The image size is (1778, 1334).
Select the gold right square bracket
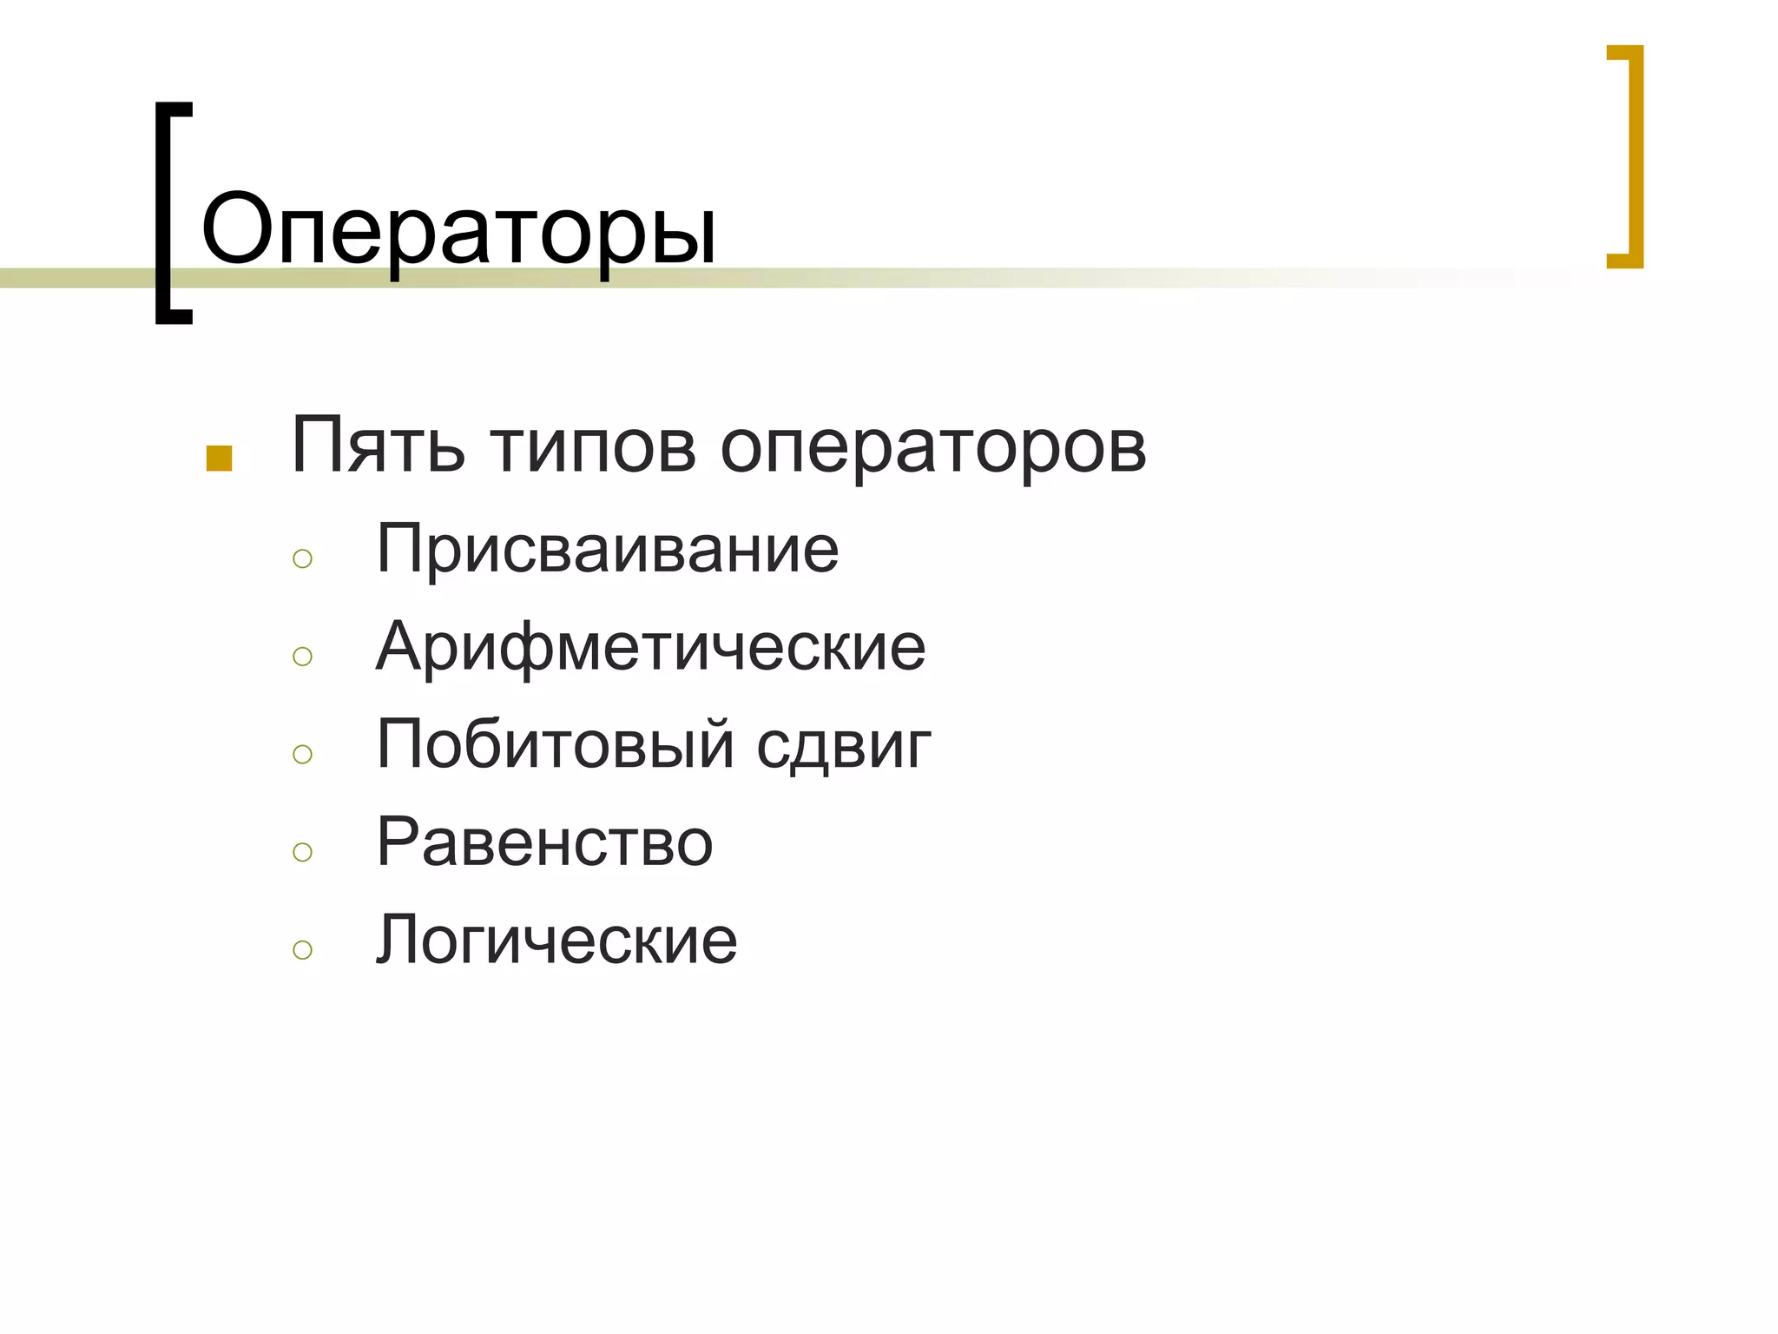[1636, 156]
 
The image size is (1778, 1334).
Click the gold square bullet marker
[219, 459]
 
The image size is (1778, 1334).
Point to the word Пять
[378, 446]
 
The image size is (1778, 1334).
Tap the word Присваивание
[608, 551]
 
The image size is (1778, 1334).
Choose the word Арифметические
[651, 648]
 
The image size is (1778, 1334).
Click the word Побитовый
[556, 745]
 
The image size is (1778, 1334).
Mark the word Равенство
[544, 842]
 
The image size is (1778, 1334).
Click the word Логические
[556, 941]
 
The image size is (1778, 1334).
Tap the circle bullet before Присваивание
[302, 558]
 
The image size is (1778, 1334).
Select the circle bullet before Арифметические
[302, 657]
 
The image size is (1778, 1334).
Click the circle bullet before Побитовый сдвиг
[302, 754]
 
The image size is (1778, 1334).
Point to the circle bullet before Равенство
[302, 852]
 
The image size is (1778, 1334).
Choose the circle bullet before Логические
[302, 950]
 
